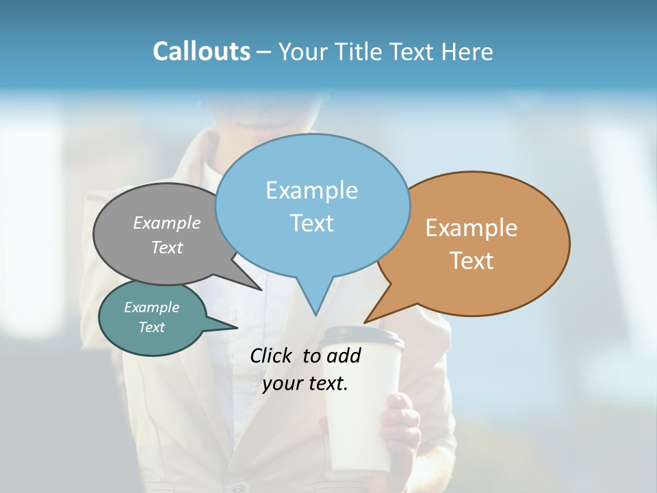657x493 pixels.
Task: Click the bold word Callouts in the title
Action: point(201,51)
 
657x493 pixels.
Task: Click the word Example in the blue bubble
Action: point(311,190)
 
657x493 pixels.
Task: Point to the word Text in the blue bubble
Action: point(311,223)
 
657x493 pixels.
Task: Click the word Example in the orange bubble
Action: point(472,228)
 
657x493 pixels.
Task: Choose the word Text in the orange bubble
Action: point(472,261)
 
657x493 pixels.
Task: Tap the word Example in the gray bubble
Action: point(167,223)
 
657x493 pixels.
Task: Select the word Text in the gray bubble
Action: point(167,248)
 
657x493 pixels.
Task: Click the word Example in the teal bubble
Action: point(152,307)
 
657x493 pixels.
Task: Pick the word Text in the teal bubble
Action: point(152,327)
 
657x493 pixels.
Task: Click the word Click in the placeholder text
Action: point(272,356)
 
